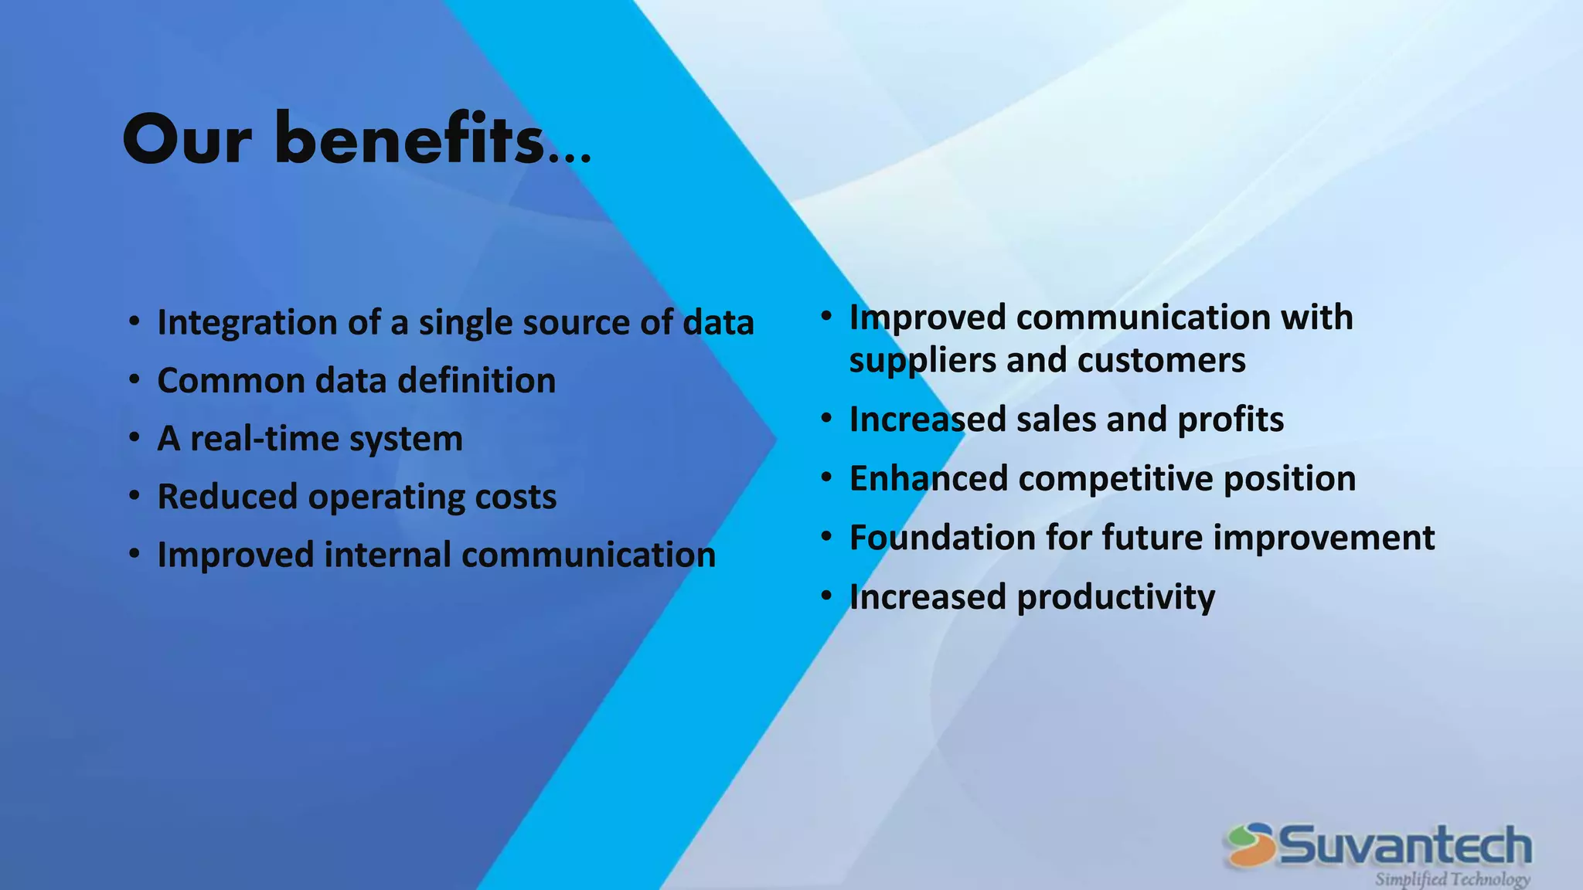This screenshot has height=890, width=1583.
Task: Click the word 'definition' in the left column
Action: [x=476, y=381]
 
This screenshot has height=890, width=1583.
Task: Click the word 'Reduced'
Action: [x=226, y=497]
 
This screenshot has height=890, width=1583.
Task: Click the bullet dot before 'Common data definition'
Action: [x=134, y=379]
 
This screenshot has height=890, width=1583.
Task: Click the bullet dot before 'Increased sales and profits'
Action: [x=826, y=418]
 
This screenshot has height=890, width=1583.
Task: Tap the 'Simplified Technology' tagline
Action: [x=1452, y=879]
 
